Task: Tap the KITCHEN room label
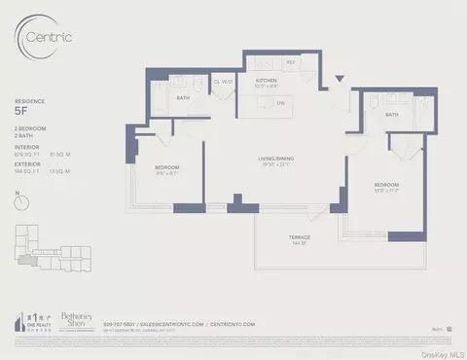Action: click(x=268, y=82)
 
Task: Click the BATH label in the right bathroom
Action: click(x=392, y=115)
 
